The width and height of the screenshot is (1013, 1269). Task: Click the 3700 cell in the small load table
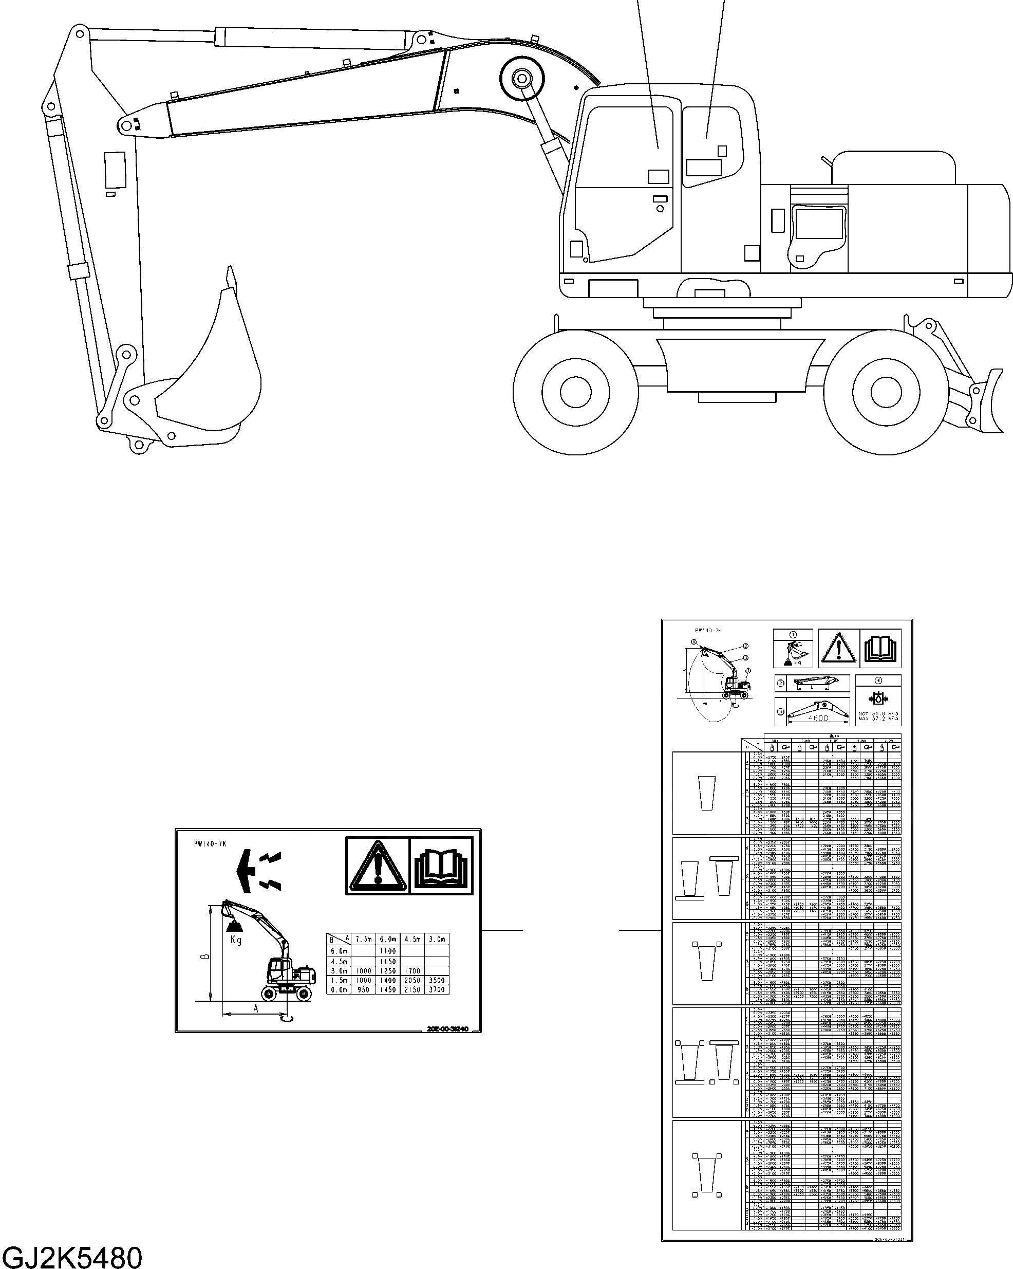(x=437, y=990)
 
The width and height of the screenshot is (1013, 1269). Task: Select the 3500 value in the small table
(x=437, y=980)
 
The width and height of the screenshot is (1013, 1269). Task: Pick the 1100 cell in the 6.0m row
(x=388, y=950)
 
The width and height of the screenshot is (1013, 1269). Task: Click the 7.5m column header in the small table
(x=363, y=940)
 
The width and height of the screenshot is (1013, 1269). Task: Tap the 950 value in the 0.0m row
(x=363, y=990)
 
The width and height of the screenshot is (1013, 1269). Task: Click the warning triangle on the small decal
(x=378, y=866)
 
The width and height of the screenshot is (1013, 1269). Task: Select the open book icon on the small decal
(x=441, y=866)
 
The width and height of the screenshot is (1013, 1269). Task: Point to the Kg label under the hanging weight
(x=236, y=940)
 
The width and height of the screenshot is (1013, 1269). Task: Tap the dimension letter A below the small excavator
(x=255, y=1008)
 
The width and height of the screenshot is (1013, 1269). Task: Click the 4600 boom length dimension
(x=817, y=718)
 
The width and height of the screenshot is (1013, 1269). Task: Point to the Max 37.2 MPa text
(x=878, y=719)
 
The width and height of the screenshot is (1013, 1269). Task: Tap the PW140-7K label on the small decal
(x=210, y=844)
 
